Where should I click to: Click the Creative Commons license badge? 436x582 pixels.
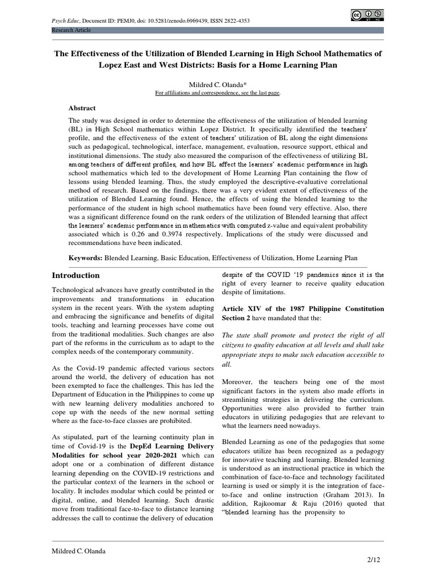366,16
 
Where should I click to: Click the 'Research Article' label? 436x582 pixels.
71,30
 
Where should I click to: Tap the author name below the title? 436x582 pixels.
217,83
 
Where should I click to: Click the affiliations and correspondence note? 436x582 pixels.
217,92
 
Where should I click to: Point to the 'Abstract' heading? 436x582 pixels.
82,108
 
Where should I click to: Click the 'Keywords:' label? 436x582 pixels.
86,257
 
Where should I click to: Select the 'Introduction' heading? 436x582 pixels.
76,275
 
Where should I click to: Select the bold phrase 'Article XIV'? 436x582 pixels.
242,309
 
